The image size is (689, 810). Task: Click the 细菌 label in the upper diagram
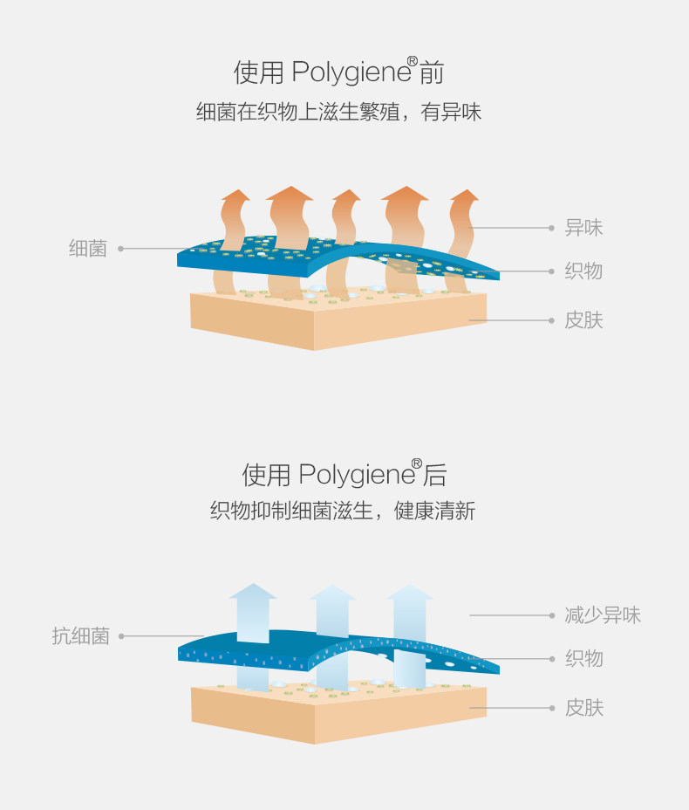pyautogui.click(x=88, y=249)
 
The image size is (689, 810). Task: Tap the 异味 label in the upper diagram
pyautogui.click(x=583, y=228)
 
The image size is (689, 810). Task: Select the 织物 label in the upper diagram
pyautogui.click(x=583, y=271)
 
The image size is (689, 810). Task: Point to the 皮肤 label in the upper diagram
pyautogui.click(x=583, y=320)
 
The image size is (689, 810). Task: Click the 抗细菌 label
pyautogui.click(x=80, y=636)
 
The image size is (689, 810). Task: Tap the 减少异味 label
pyautogui.click(x=603, y=615)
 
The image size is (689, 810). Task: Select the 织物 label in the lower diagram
pyautogui.click(x=583, y=659)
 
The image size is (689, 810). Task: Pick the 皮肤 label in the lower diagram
pyautogui.click(x=583, y=708)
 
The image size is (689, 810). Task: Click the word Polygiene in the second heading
pyautogui.click(x=357, y=476)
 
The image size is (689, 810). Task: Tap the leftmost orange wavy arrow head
pyautogui.click(x=235, y=196)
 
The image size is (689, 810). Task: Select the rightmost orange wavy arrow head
pyautogui.click(x=465, y=196)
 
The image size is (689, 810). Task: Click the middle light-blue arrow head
pyautogui.click(x=332, y=593)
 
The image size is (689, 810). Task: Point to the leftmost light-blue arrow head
pyautogui.click(x=253, y=591)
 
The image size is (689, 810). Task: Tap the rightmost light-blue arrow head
pyautogui.click(x=410, y=593)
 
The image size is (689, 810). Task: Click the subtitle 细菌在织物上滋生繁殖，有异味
pyautogui.click(x=339, y=113)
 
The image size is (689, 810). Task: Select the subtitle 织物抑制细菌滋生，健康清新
pyautogui.click(x=343, y=511)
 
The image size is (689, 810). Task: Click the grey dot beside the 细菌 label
pyautogui.click(x=121, y=249)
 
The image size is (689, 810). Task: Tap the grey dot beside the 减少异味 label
pyautogui.click(x=551, y=615)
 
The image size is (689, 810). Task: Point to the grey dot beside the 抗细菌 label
pyautogui.click(x=121, y=636)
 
